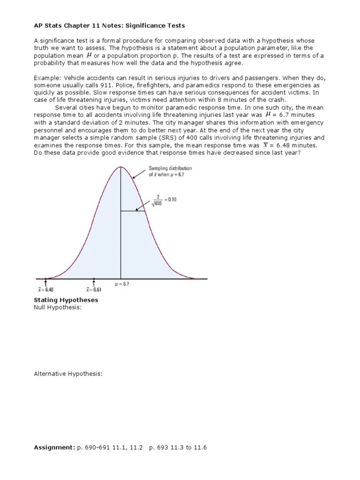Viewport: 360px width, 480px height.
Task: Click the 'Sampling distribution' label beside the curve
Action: pyautogui.click(x=170, y=168)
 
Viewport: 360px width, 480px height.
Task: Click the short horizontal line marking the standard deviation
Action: pyautogui.click(x=133, y=211)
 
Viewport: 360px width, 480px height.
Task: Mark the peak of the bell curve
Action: pyautogui.click(x=121, y=167)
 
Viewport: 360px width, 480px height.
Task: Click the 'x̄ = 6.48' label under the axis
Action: pyautogui.click(x=45, y=290)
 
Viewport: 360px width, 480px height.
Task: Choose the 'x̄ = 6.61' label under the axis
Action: pyautogui.click(x=94, y=290)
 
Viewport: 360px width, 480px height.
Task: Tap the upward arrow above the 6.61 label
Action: pyautogui.click(x=94, y=283)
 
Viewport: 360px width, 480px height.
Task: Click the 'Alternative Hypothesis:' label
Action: pyautogui.click(x=68, y=374)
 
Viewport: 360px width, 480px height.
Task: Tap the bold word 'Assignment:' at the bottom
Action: pyautogui.click(x=54, y=448)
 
